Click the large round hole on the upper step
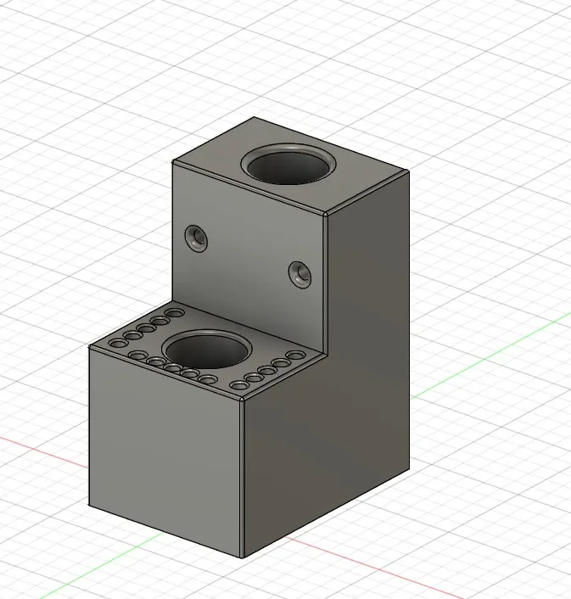tap(288, 163)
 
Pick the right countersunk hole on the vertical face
tap(299, 272)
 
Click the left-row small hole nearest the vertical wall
tap(175, 314)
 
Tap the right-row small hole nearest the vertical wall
tap(295, 355)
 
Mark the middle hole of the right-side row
tap(266, 371)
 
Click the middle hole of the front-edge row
tap(172, 368)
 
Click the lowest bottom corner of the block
tap(243, 557)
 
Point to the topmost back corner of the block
tap(254, 118)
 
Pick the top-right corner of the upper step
tap(409, 171)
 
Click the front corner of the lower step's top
tap(243, 399)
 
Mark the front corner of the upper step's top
tap(327, 214)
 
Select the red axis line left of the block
tap(42, 449)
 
